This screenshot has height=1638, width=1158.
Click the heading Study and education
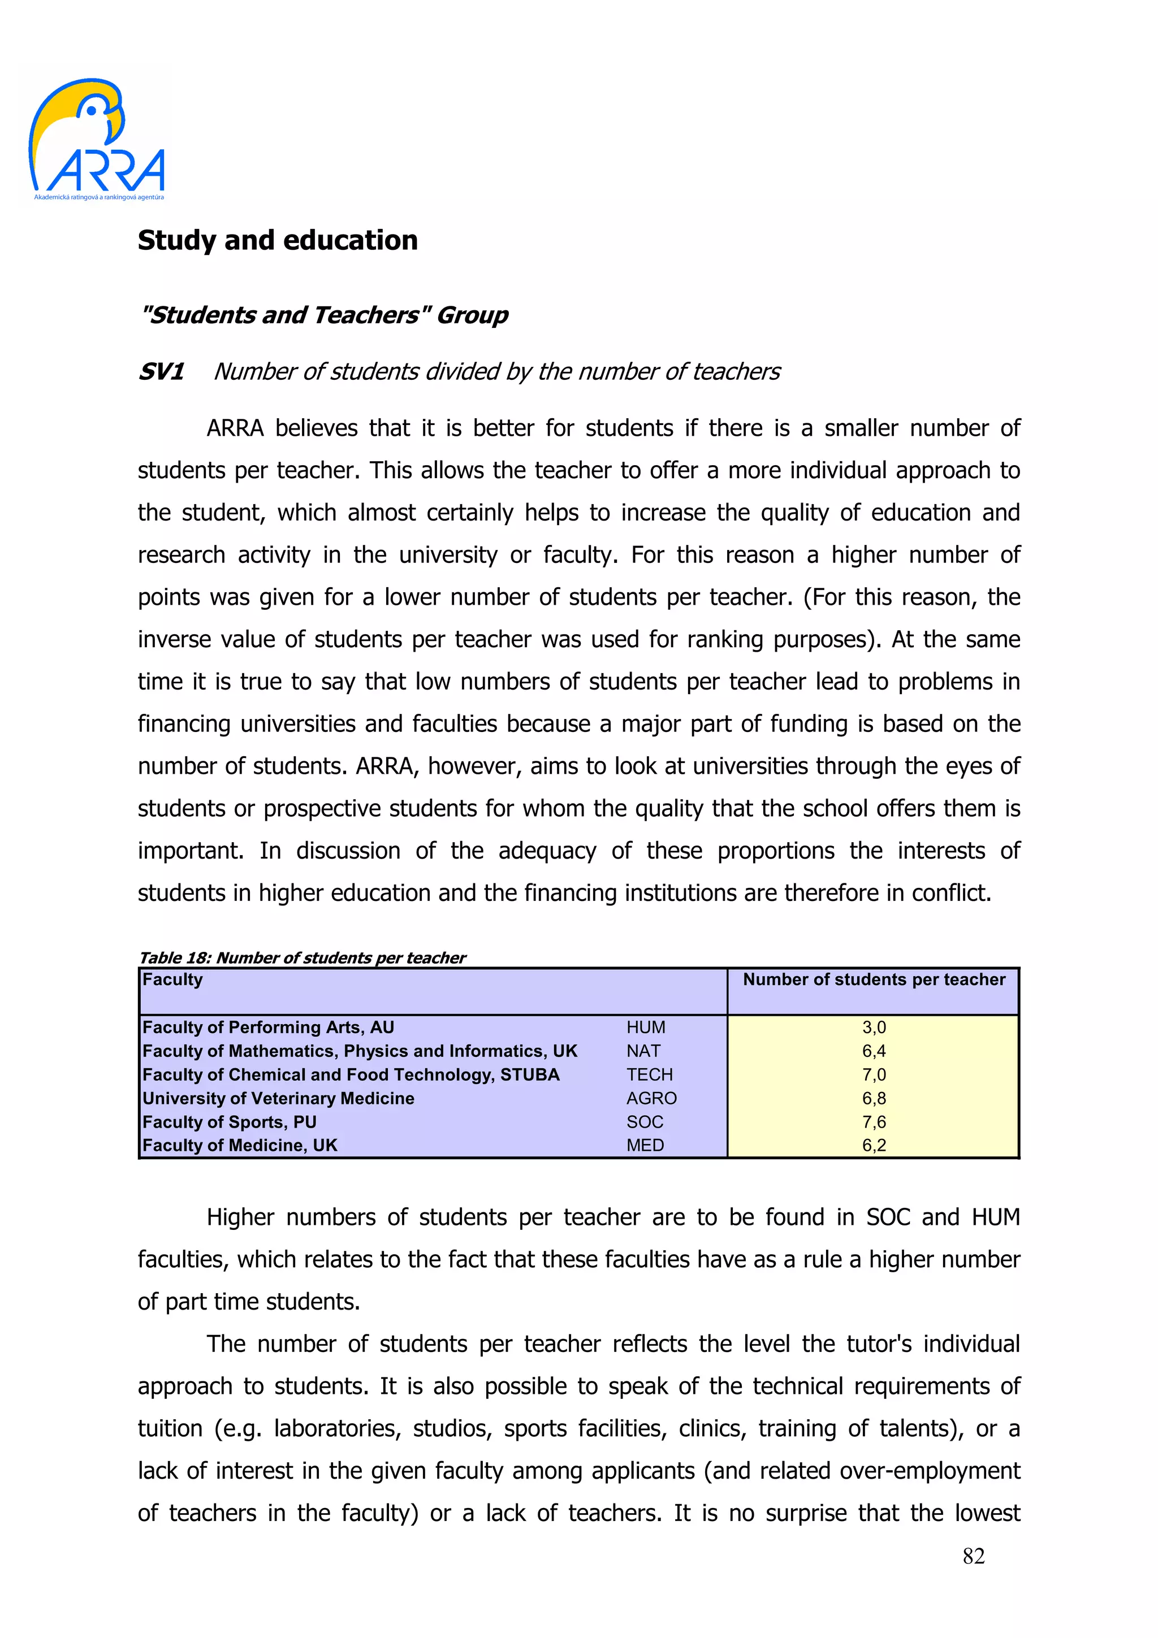click(278, 240)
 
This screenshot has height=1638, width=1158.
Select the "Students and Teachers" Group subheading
click(324, 315)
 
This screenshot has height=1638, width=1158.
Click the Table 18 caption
click(302, 957)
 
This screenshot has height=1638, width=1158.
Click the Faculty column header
click(172, 980)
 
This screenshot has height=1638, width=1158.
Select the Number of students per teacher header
click(874, 980)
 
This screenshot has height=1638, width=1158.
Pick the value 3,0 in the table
click(874, 1028)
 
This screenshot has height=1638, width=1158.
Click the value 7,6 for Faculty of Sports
click(874, 1121)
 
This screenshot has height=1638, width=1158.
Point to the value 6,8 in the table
click(874, 1098)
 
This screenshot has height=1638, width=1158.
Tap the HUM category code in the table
click(646, 1028)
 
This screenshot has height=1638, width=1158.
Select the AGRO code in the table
click(651, 1098)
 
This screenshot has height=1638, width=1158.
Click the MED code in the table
click(645, 1145)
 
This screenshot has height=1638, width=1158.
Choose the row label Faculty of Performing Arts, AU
click(268, 1028)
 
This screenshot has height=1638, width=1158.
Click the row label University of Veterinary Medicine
click(278, 1098)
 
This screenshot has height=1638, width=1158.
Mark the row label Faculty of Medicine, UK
click(240, 1145)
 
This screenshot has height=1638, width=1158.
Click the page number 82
click(973, 1556)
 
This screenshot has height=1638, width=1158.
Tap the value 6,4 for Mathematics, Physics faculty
click(874, 1051)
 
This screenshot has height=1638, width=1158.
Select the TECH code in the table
click(649, 1074)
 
